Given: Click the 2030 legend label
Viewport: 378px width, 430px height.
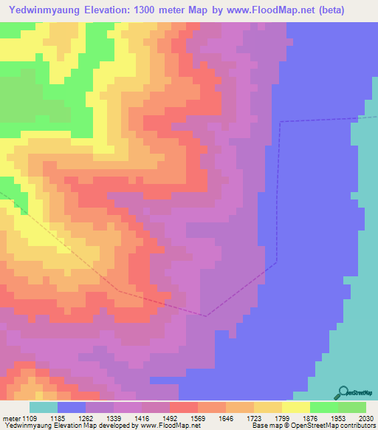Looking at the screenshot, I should [x=367, y=417].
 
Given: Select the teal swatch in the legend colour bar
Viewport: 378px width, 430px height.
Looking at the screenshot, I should [x=44, y=407].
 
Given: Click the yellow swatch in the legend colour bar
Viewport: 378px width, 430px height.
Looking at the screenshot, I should [x=296, y=407].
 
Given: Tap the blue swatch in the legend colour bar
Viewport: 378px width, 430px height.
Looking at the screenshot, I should [x=72, y=407].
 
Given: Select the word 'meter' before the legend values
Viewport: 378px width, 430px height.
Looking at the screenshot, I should [x=10, y=417].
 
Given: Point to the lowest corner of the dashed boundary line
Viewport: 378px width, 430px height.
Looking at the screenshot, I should [x=207, y=315].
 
